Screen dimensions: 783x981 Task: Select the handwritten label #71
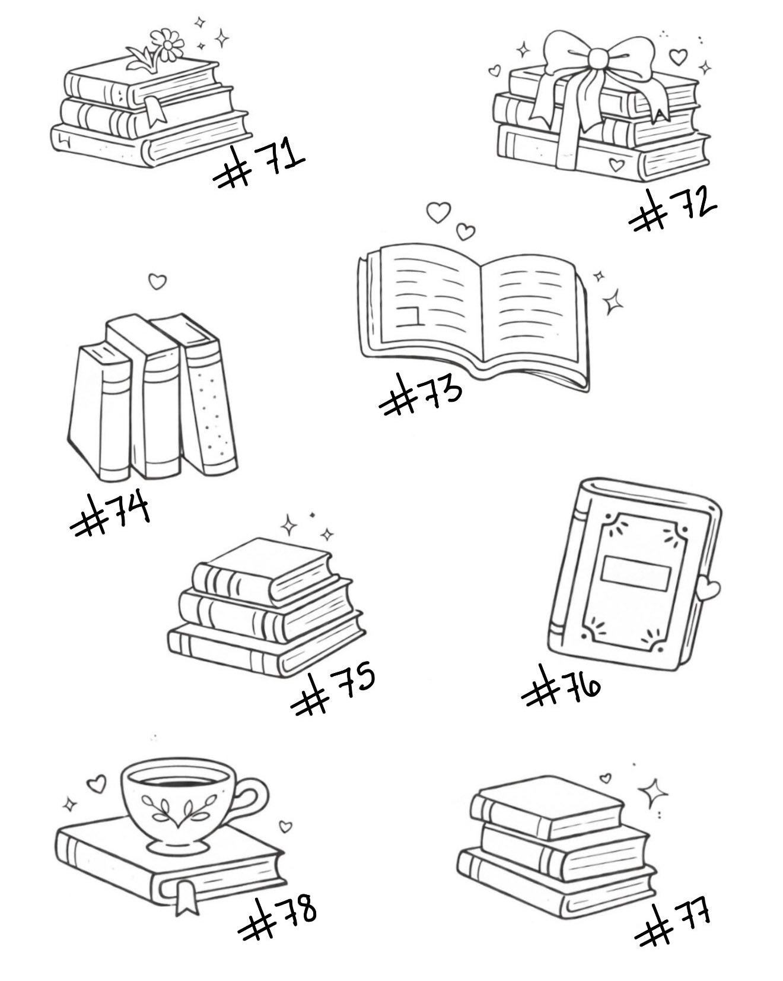259,163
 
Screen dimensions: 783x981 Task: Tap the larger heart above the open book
439,212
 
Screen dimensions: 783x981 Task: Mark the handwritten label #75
332,688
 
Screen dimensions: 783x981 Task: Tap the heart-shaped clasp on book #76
708,589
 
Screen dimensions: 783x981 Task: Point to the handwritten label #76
561,685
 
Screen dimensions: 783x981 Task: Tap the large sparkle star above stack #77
653,793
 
